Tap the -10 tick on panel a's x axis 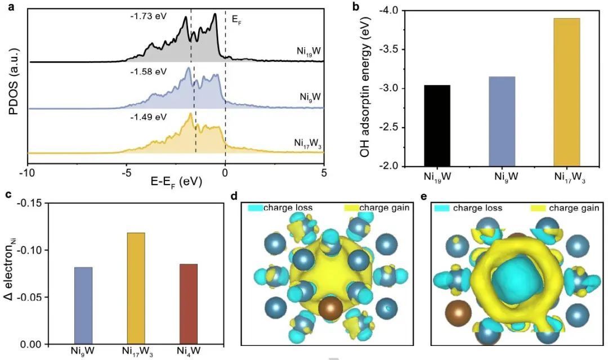point(27,174)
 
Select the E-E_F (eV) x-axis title point(176,183)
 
